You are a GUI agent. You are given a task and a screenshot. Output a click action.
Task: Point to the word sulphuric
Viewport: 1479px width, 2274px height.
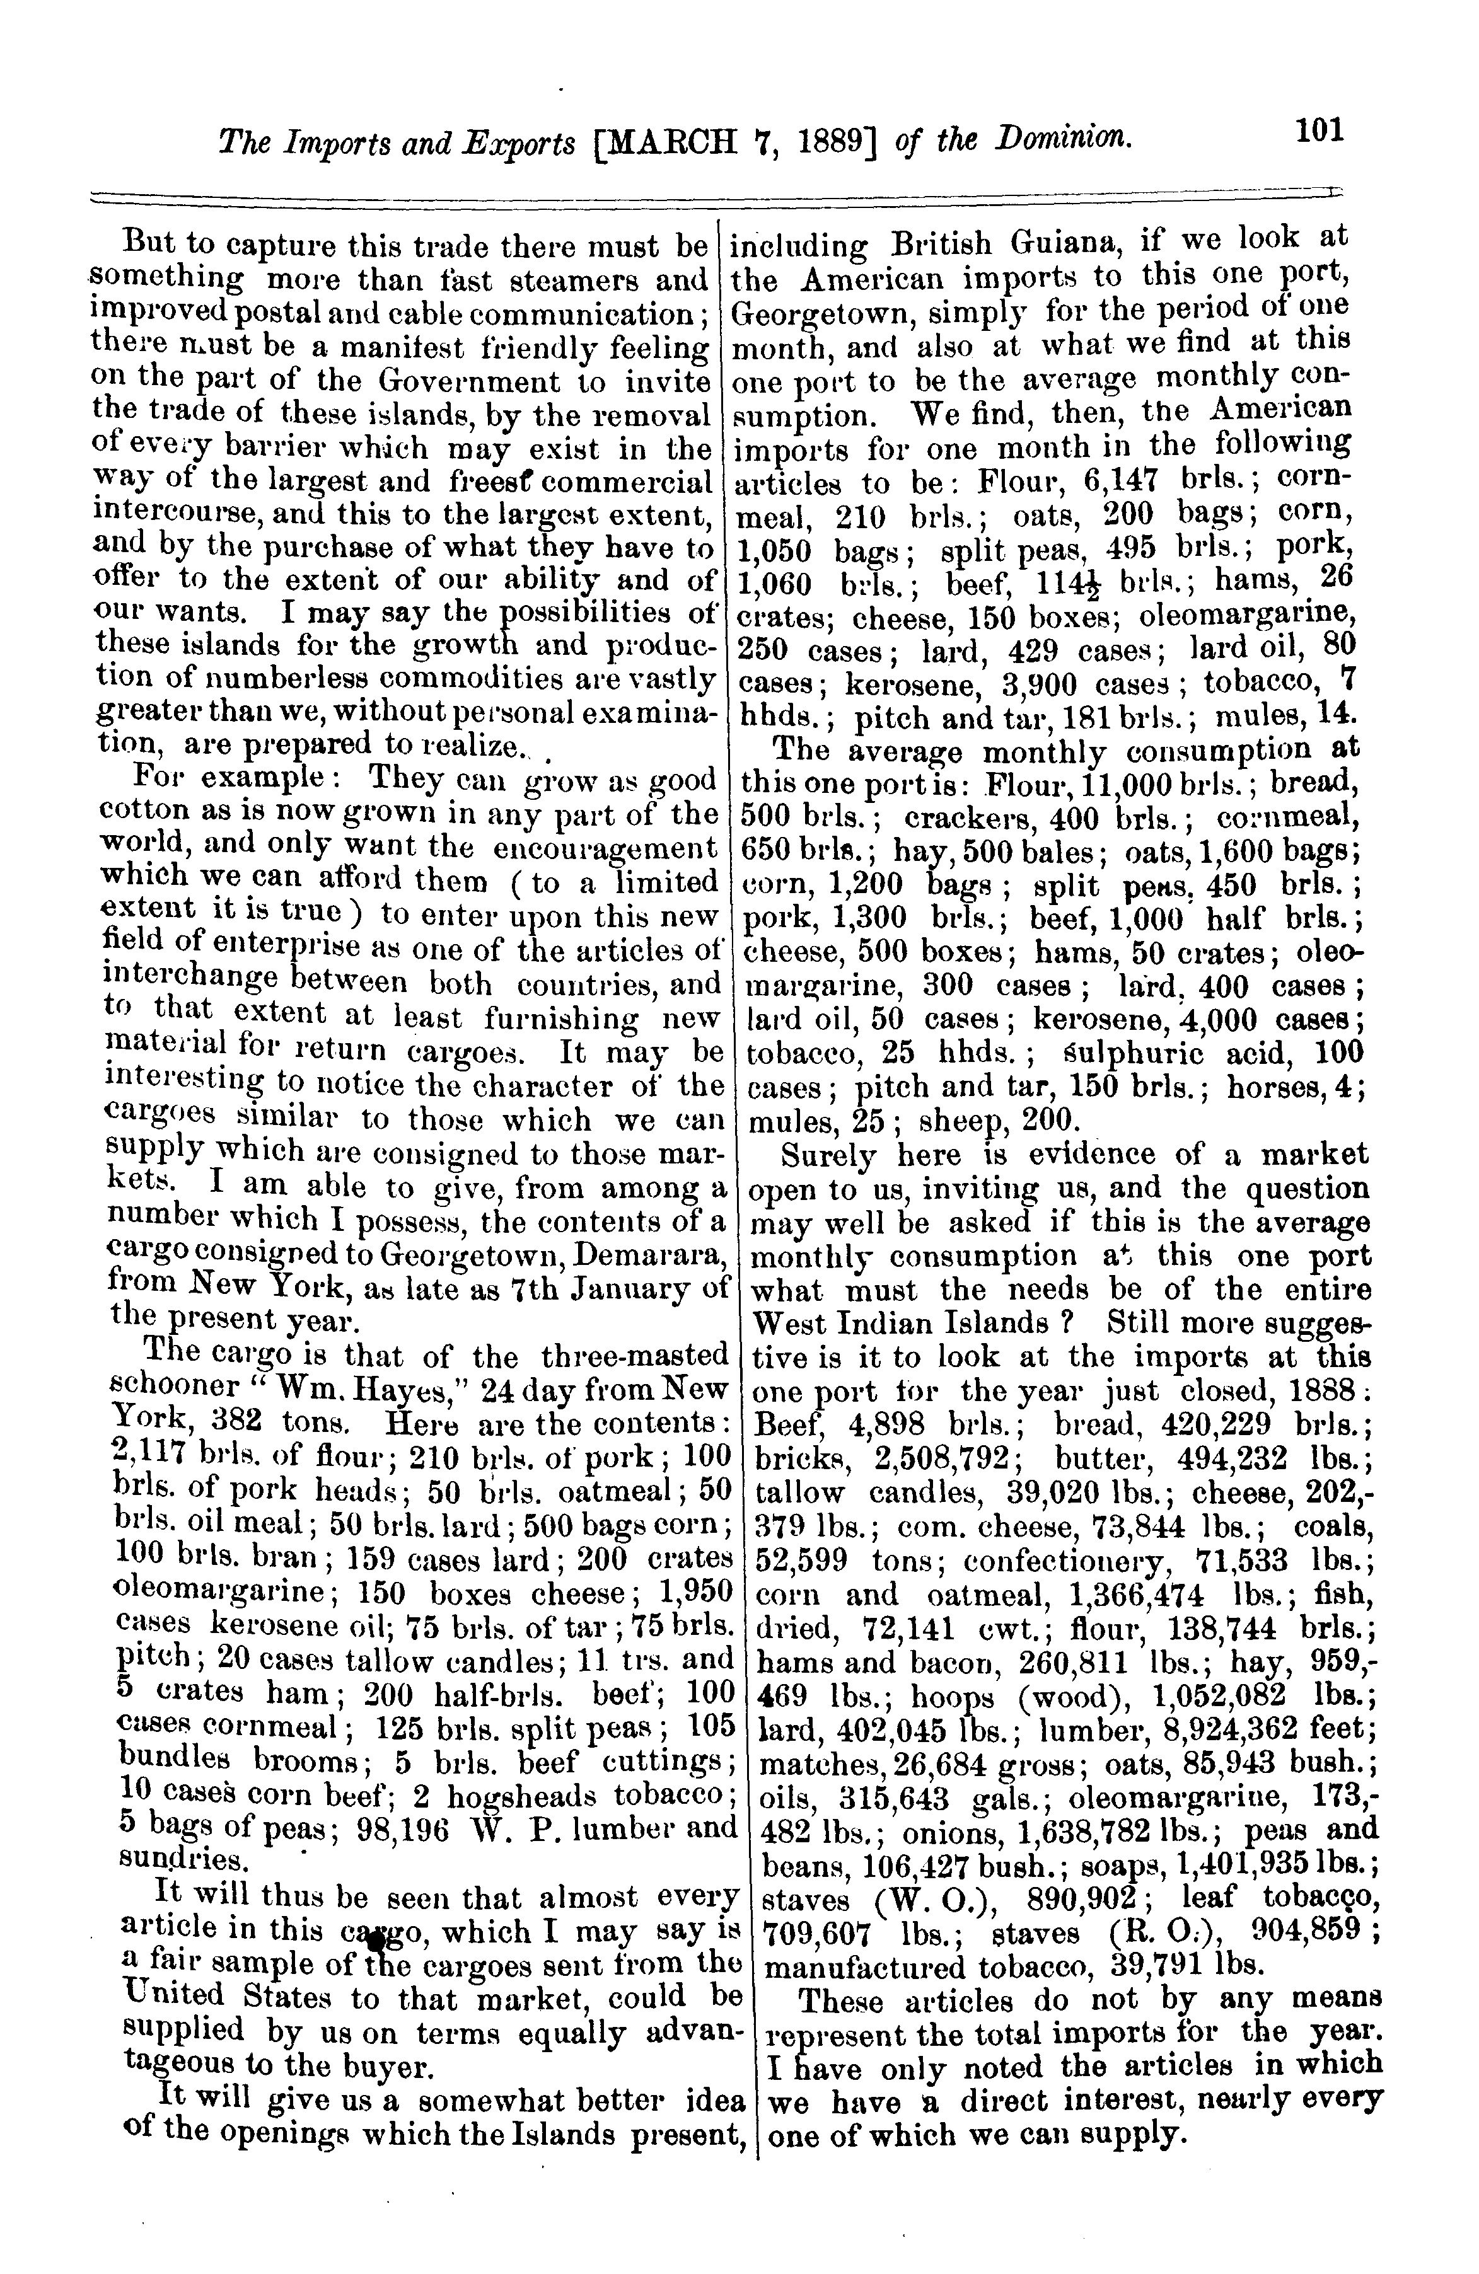(x=1119, y=1053)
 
